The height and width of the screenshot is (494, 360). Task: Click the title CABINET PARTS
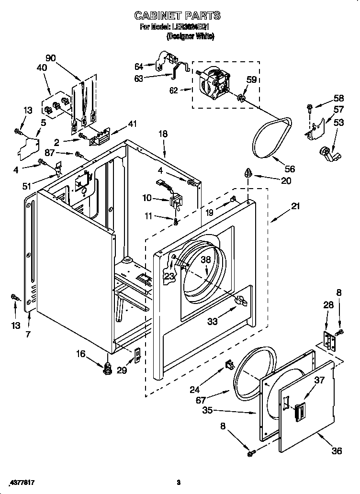pyautogui.click(x=178, y=16)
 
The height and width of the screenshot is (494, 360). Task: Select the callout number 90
pyautogui.click(x=51, y=58)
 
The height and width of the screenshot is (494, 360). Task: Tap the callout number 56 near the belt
pyautogui.click(x=289, y=168)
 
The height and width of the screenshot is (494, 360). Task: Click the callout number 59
pyautogui.click(x=251, y=79)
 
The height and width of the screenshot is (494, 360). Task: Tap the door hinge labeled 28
pyautogui.click(x=328, y=340)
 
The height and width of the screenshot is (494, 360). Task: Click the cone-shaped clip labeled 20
pyautogui.click(x=249, y=173)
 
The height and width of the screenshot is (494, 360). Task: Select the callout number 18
pyautogui.click(x=163, y=134)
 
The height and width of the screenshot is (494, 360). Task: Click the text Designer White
pyautogui.click(x=190, y=36)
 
